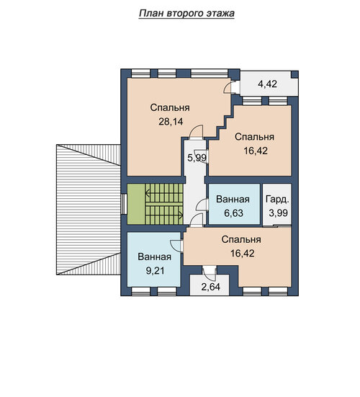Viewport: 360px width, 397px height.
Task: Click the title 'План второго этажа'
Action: point(186,14)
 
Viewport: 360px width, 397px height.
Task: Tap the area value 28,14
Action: point(171,122)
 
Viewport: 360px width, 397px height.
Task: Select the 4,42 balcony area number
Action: point(267,84)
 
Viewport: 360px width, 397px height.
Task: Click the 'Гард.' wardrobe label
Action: point(277,200)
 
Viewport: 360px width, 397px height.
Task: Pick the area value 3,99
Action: point(279,213)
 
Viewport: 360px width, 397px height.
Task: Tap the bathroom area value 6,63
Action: point(234,213)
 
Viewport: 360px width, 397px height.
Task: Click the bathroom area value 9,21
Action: point(156,271)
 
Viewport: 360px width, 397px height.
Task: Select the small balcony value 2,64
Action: point(210,287)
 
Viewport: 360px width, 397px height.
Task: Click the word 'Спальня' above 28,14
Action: point(170,107)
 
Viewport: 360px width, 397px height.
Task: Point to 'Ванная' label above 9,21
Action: point(154,257)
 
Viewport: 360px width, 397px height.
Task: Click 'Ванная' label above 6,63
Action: point(233,200)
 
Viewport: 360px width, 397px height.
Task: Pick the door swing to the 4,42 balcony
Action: point(228,86)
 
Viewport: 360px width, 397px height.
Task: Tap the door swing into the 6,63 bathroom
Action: point(201,205)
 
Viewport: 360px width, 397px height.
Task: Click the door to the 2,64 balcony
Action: point(210,272)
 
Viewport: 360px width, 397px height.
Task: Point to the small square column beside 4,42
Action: point(294,75)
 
